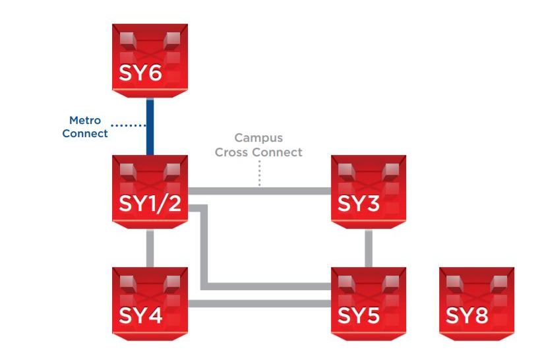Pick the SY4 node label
(140, 316)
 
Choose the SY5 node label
(360, 316)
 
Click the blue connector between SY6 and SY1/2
(150, 127)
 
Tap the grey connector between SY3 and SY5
(369, 247)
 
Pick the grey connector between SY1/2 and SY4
(150, 247)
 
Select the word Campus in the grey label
(258, 138)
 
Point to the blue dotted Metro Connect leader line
(126, 125)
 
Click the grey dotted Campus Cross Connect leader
(259, 175)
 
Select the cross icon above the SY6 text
(150, 42)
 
